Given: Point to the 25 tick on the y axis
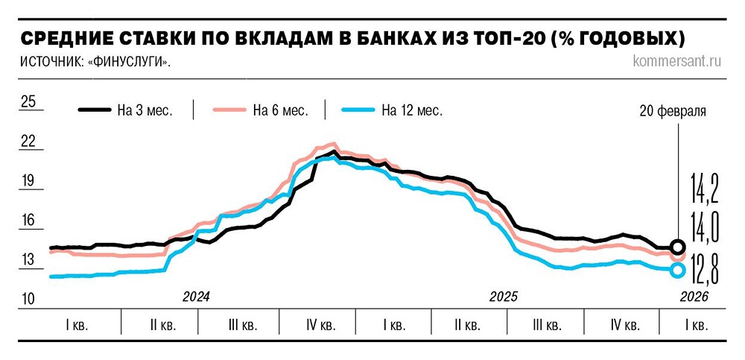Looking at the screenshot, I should (x=28, y=102).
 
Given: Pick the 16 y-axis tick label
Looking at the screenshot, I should (x=28, y=221).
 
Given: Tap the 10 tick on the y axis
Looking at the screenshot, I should (x=28, y=299).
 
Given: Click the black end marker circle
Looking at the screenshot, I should (x=677, y=247).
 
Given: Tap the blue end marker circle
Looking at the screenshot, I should (x=677, y=270).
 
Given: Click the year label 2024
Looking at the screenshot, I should (x=197, y=296).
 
